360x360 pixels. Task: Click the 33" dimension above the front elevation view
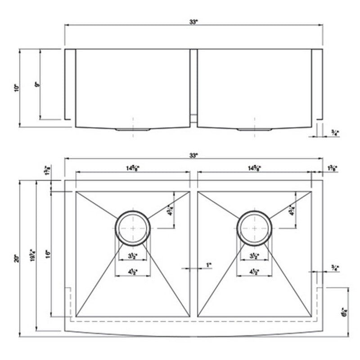click(193, 21)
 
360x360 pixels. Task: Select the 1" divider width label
click(208, 265)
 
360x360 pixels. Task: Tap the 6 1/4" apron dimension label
click(343, 312)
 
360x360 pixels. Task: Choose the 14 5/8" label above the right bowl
click(254, 168)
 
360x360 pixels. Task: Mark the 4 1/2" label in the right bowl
click(254, 272)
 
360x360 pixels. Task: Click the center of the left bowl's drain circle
click(133, 228)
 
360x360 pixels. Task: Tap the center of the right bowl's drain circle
click(255, 228)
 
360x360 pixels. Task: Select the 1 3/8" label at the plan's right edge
click(333, 168)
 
